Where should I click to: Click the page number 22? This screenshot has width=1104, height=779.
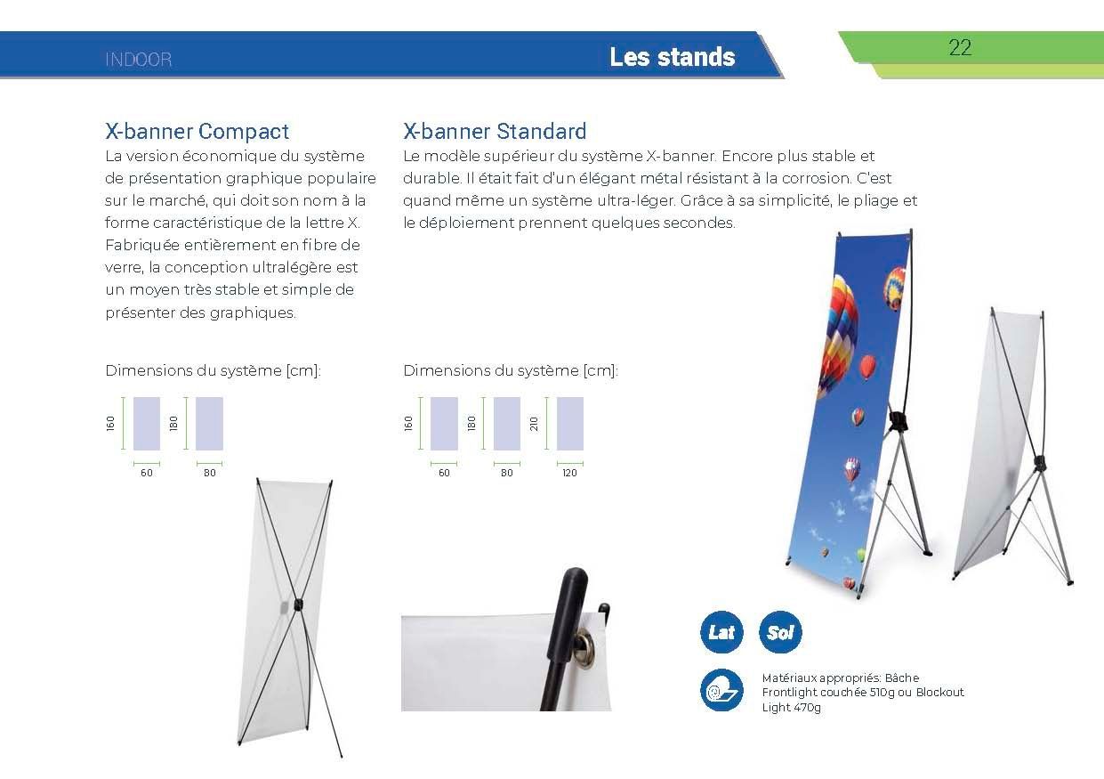[x=960, y=48]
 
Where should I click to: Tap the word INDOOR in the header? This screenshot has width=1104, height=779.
[x=139, y=60]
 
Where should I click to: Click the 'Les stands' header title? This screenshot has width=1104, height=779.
[x=673, y=57]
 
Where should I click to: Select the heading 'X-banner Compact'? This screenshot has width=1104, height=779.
[x=197, y=131]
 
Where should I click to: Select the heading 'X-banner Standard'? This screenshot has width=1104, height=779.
[x=495, y=131]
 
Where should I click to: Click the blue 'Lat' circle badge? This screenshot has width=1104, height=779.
[x=721, y=632]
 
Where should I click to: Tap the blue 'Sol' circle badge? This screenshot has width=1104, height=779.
[x=780, y=632]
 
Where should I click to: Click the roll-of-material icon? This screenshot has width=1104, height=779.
[x=721, y=690]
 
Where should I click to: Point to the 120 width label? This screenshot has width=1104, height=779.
[x=569, y=473]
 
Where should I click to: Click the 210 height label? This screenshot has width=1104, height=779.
[x=534, y=423]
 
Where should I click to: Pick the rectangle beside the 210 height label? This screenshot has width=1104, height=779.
[x=570, y=423]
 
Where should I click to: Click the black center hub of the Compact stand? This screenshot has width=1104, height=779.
[x=299, y=605]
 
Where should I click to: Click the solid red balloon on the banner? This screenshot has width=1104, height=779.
[x=868, y=367]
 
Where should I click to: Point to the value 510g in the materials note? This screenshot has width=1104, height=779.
[x=882, y=692]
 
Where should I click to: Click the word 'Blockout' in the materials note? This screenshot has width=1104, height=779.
[x=940, y=692]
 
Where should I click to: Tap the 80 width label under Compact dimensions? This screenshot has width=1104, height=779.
[x=209, y=473]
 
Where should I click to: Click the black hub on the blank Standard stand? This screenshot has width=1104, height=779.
[x=1041, y=463]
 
